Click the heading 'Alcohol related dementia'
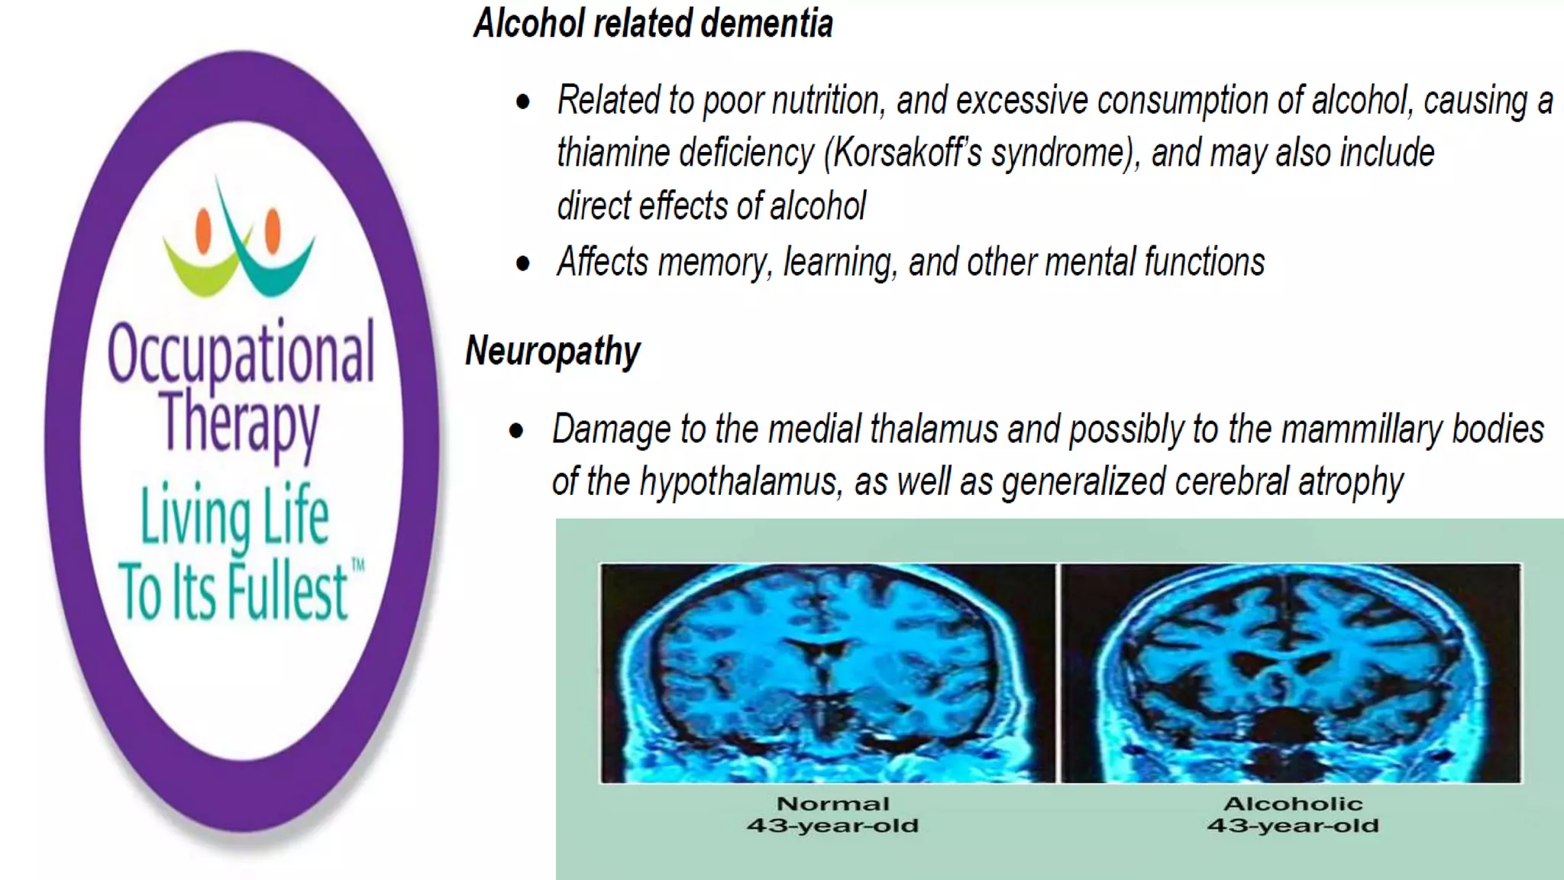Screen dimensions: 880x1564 tap(653, 23)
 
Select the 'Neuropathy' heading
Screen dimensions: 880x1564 tap(553, 351)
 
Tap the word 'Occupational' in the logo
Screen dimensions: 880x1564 tap(241, 353)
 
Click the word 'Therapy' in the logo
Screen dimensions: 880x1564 tap(240, 422)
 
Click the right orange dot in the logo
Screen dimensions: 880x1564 tap(273, 229)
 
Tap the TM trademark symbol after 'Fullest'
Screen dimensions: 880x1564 tap(357, 566)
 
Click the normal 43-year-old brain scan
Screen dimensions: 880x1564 tap(827, 673)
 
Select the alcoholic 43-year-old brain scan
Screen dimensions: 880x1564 tap(1291, 673)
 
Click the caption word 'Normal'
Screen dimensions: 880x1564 tap(833, 804)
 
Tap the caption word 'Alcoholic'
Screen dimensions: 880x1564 tap(1293, 804)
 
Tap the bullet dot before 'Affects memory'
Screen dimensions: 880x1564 tap(523, 264)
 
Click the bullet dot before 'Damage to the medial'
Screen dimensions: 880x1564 tap(517, 431)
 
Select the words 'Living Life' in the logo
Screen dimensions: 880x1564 tap(234, 516)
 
